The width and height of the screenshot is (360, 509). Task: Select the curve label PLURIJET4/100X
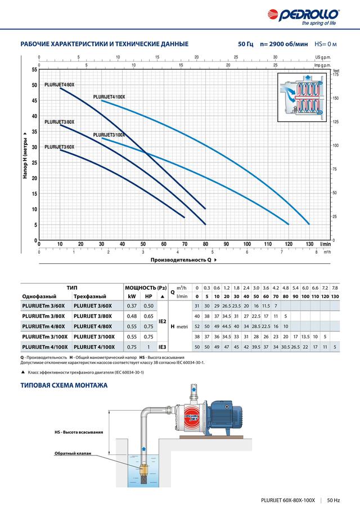pyautogui.click(x=109, y=97)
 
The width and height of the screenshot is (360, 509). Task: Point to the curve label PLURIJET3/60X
pyautogui.click(x=59, y=147)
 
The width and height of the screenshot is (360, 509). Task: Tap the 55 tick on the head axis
pyautogui.click(x=34, y=70)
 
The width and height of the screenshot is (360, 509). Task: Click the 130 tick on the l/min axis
pyautogui.click(x=309, y=244)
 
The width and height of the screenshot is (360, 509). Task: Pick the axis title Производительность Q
pyautogui.click(x=181, y=260)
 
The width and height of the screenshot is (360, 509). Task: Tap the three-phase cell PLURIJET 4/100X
pyautogui.click(x=94, y=348)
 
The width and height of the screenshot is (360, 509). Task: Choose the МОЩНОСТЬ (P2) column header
pyautogui.click(x=146, y=287)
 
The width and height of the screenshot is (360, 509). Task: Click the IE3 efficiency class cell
pyautogui.click(x=163, y=348)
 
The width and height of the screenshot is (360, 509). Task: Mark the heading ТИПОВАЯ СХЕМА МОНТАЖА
pyautogui.click(x=64, y=385)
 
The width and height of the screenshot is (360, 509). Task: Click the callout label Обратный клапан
pyautogui.click(x=72, y=453)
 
